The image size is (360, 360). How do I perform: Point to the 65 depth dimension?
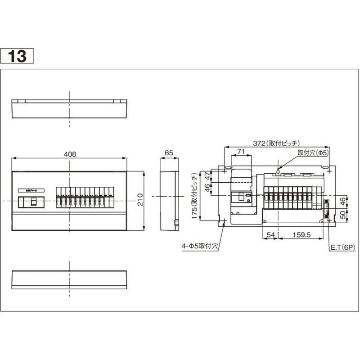[x=169, y=153]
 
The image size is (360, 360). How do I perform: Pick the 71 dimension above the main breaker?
[x=241, y=153]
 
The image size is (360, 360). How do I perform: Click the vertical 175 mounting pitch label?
[x=194, y=197]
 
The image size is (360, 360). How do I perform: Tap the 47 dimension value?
[x=207, y=176]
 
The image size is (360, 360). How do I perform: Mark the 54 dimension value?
[x=270, y=234]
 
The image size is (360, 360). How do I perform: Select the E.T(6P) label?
[x=342, y=247]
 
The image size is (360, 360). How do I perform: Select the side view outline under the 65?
[x=169, y=201]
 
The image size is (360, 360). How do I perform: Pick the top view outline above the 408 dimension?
[x=69, y=108]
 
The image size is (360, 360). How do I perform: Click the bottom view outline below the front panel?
[x=69, y=280]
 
